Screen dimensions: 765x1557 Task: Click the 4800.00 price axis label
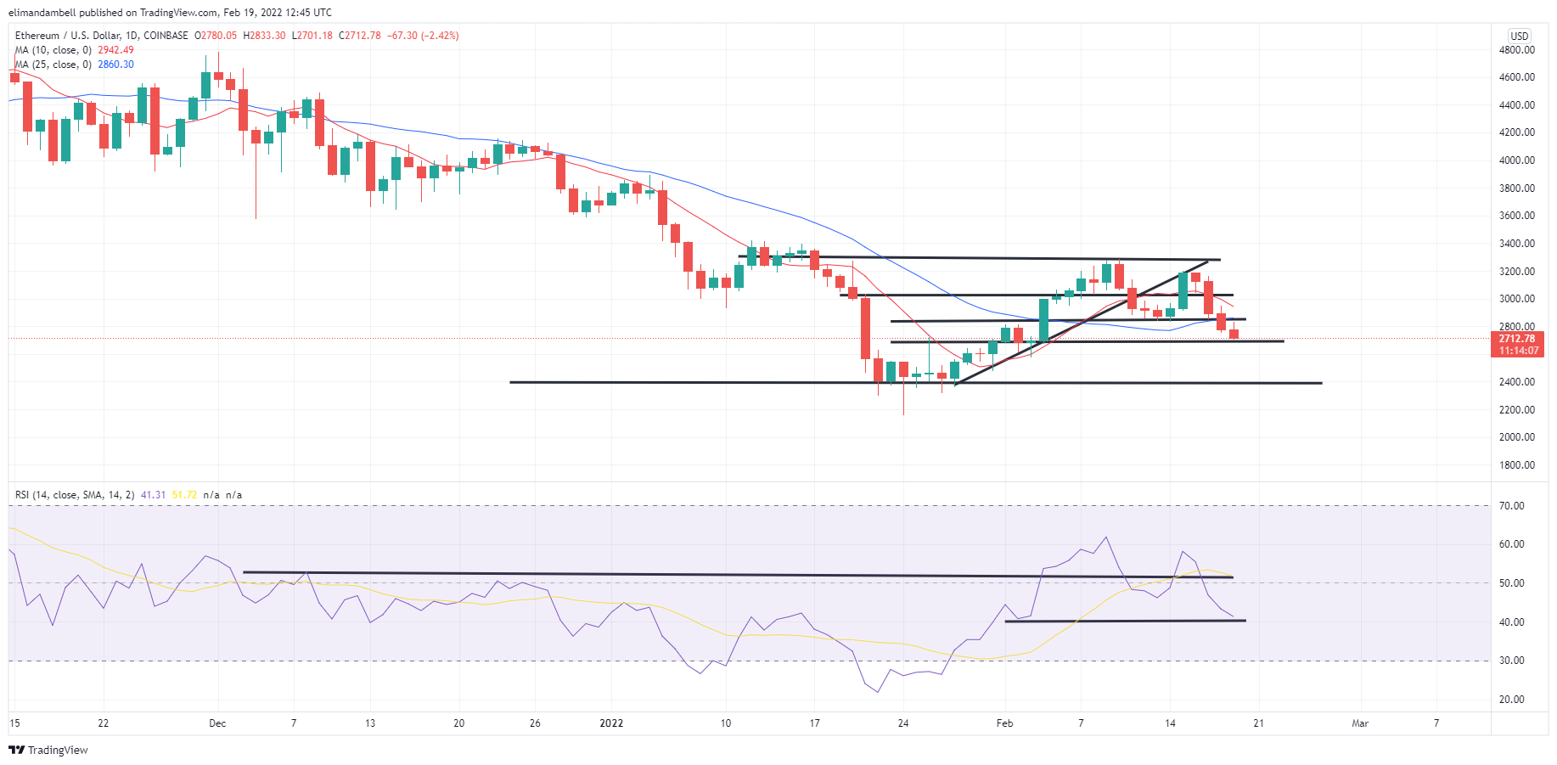pyautogui.click(x=1516, y=50)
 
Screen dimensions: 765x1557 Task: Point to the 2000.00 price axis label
pyautogui.click(x=1516, y=437)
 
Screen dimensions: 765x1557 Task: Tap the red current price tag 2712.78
pyautogui.click(x=1516, y=339)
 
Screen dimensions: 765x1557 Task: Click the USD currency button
pyautogui.click(x=1519, y=36)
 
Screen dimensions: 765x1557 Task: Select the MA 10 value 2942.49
pyautogui.click(x=115, y=50)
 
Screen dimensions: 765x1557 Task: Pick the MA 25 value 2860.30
pyautogui.click(x=115, y=65)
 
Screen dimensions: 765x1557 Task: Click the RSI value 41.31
pyautogui.click(x=154, y=495)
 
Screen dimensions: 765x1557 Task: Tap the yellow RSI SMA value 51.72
pyautogui.click(x=184, y=495)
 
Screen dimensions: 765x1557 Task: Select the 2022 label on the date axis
pyautogui.click(x=611, y=723)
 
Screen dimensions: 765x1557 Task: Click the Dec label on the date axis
pyautogui.click(x=217, y=723)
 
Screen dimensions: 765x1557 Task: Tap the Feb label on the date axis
pyautogui.click(x=1004, y=723)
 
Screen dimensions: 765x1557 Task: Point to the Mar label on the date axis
pyautogui.click(x=1360, y=723)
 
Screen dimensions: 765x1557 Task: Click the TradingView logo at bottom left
pyautogui.click(x=48, y=751)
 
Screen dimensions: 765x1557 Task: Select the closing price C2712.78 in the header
pyautogui.click(x=360, y=36)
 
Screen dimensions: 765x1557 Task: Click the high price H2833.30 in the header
pyautogui.click(x=265, y=36)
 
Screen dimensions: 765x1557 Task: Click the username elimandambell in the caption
pyautogui.click(x=42, y=13)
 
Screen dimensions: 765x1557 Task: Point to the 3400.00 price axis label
pyautogui.click(x=1516, y=244)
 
